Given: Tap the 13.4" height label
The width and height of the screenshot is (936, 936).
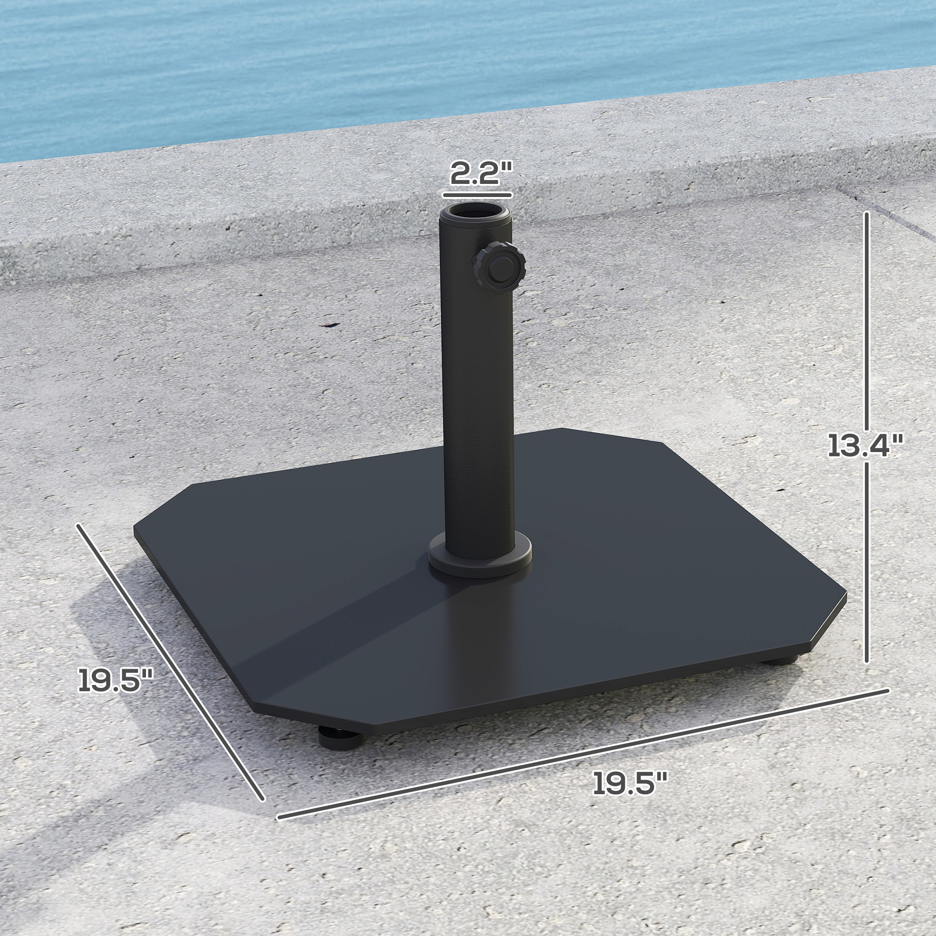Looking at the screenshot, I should [x=865, y=446].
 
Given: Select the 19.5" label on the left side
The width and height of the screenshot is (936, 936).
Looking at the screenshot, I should [x=116, y=680].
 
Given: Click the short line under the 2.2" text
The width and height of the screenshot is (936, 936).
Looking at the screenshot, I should [x=477, y=195].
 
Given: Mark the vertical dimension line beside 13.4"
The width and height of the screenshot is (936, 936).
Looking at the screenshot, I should [x=867, y=339].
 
